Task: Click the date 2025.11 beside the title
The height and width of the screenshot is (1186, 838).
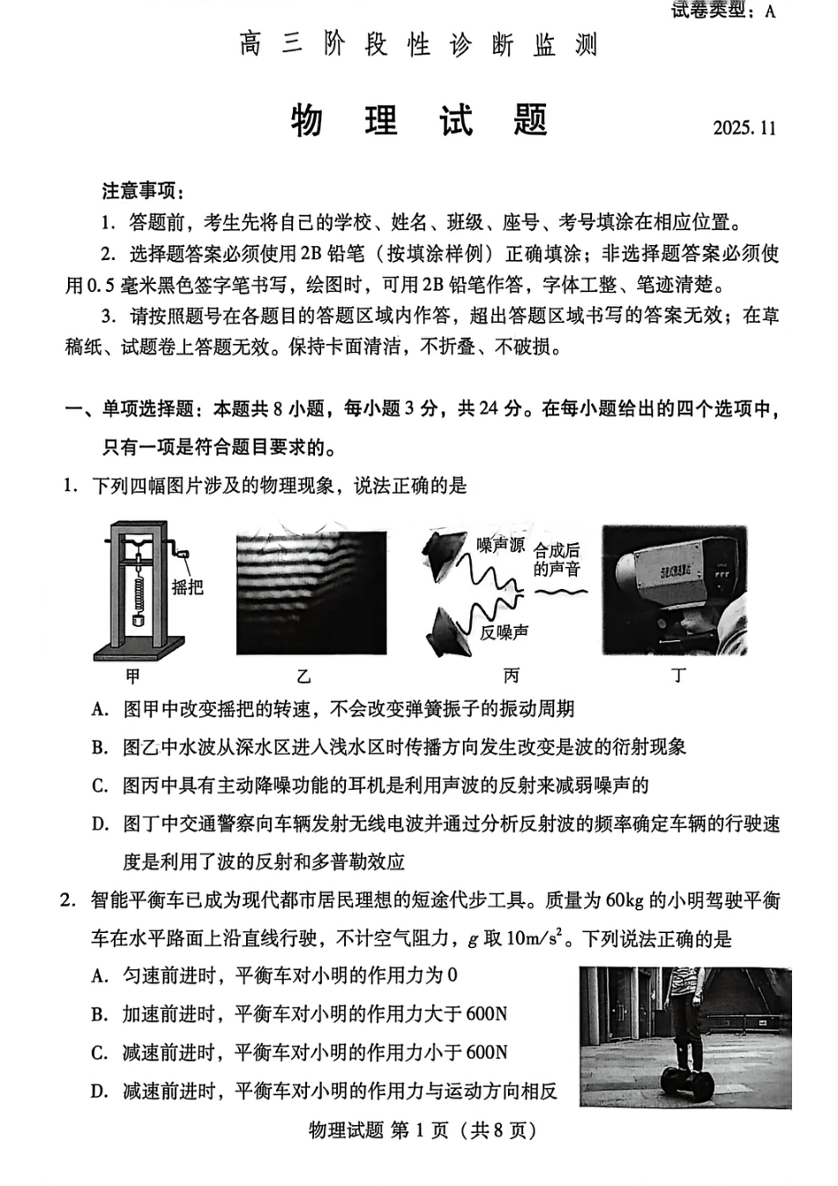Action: (744, 128)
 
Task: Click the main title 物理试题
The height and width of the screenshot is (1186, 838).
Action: (420, 121)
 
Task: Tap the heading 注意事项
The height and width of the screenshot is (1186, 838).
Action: (143, 190)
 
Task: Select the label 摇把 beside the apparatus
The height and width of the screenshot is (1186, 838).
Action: (188, 586)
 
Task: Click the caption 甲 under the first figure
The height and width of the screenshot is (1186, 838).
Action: (133, 676)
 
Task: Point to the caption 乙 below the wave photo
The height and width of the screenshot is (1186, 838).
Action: (304, 676)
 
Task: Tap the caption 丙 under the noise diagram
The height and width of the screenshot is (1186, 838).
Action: (512, 676)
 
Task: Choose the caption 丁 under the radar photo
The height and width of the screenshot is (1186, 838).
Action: (677, 676)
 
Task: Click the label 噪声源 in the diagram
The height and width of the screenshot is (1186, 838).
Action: (500, 545)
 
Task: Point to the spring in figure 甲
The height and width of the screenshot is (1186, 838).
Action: (138, 591)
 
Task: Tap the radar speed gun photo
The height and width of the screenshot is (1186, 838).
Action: (675, 589)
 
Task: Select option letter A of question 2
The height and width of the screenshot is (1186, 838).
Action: (100, 976)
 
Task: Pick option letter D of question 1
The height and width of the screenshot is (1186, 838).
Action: (100, 824)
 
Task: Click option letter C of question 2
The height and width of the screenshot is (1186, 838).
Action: (100, 1053)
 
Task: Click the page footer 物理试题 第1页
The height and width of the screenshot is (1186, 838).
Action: (422, 1130)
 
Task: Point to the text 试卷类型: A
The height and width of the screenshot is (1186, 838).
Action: (723, 10)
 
